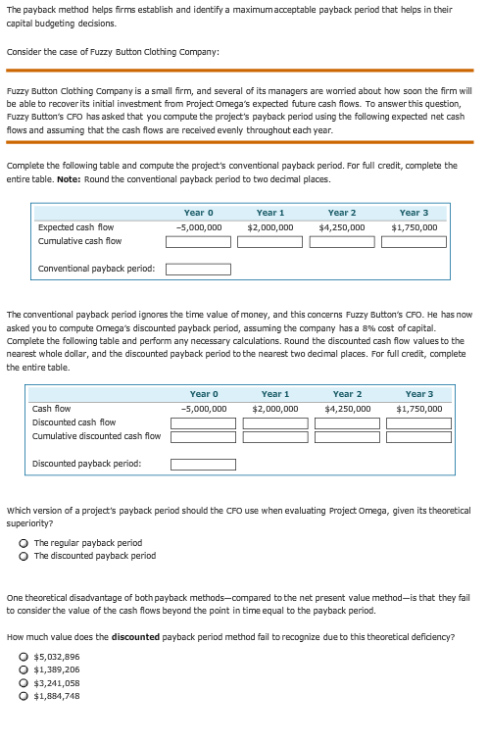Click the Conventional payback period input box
coord(198,269)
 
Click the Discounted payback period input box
coord(203,465)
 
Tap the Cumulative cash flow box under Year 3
coord(415,241)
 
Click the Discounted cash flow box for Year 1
coord(275,422)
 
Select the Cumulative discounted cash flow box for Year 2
coord(347,436)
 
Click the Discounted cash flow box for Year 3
coord(418,422)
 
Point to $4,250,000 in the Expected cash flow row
coord(342,226)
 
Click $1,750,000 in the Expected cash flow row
coord(415,226)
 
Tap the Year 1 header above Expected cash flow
coord(270,212)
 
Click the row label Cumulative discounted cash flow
coord(96,436)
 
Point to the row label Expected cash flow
coord(75,226)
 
